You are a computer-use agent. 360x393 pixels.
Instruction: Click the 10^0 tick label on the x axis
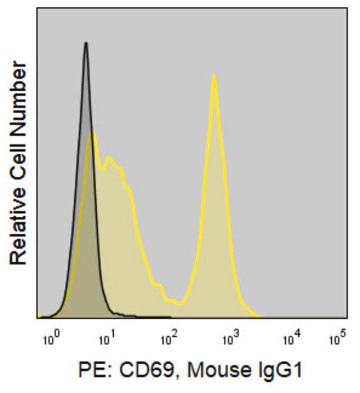tap(51, 340)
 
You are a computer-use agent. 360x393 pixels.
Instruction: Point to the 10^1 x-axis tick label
tap(106, 340)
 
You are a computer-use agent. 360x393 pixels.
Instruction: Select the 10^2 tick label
tap(169, 340)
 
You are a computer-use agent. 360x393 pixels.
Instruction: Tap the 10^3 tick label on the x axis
tap(231, 340)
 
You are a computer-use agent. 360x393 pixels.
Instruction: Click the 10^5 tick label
tap(337, 340)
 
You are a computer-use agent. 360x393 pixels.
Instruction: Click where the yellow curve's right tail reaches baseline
tap(260, 316)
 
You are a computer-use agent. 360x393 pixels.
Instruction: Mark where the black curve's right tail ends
tap(169, 317)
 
